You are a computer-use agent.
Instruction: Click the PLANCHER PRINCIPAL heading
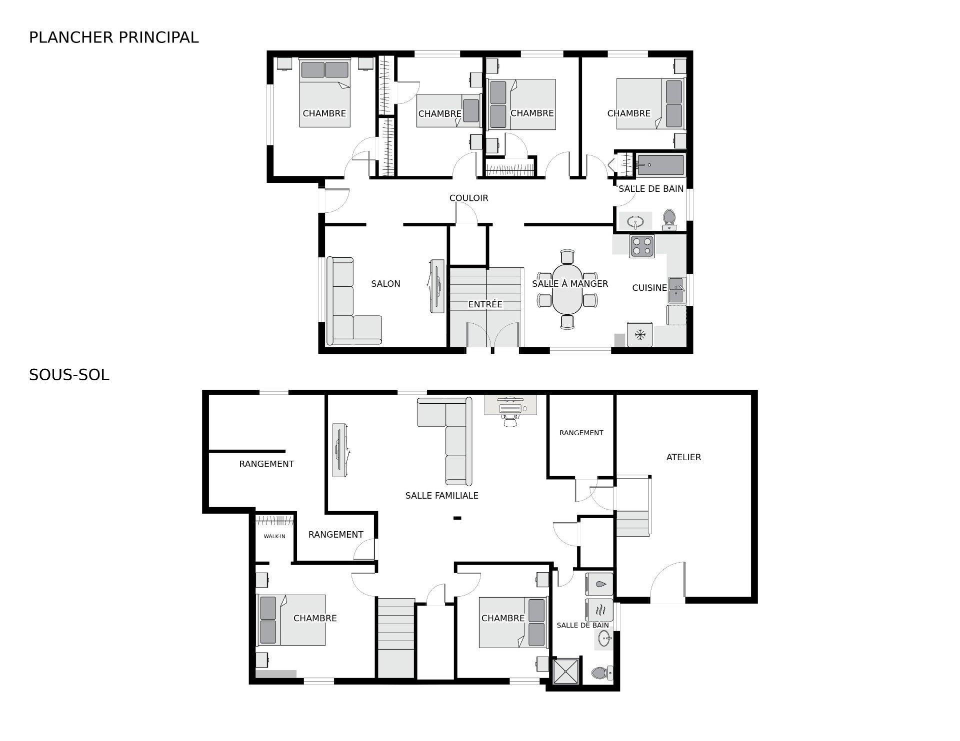click(x=113, y=37)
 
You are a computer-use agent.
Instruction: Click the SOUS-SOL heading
click(x=69, y=375)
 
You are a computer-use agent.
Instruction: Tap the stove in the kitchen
click(x=642, y=246)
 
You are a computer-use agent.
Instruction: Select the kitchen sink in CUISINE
click(x=677, y=290)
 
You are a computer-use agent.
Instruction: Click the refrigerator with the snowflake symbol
click(x=640, y=335)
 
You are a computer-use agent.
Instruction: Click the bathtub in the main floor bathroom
click(x=660, y=165)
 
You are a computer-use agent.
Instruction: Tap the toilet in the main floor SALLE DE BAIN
click(x=669, y=219)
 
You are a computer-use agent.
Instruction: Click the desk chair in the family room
click(x=510, y=420)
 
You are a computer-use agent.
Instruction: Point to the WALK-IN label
click(x=274, y=537)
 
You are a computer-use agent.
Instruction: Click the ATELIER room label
click(x=683, y=457)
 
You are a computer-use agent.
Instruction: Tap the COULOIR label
click(x=468, y=198)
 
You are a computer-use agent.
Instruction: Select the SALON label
click(x=385, y=284)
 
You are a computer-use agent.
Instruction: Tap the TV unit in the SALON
click(x=436, y=286)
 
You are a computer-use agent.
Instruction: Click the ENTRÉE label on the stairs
click(x=485, y=304)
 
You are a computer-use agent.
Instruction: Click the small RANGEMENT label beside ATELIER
click(x=581, y=433)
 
